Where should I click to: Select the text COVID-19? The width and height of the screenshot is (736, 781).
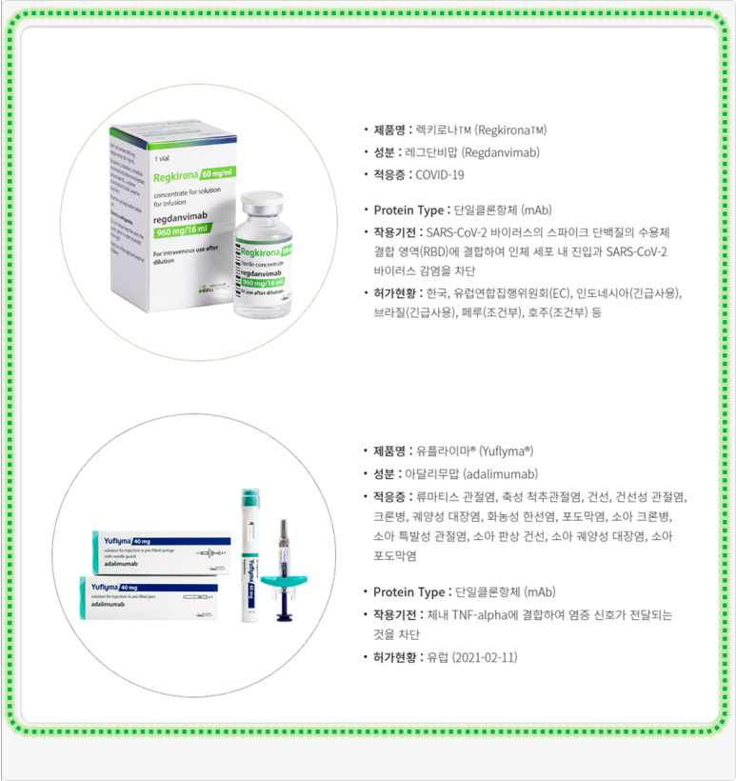point(440,174)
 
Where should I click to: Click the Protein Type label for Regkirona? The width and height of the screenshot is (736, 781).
point(408,210)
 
